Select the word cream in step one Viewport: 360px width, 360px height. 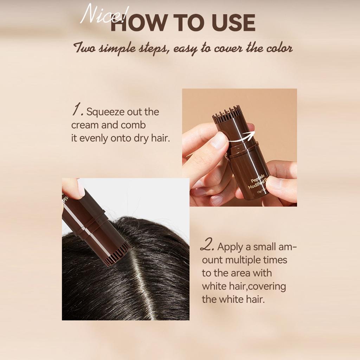point(85,125)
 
